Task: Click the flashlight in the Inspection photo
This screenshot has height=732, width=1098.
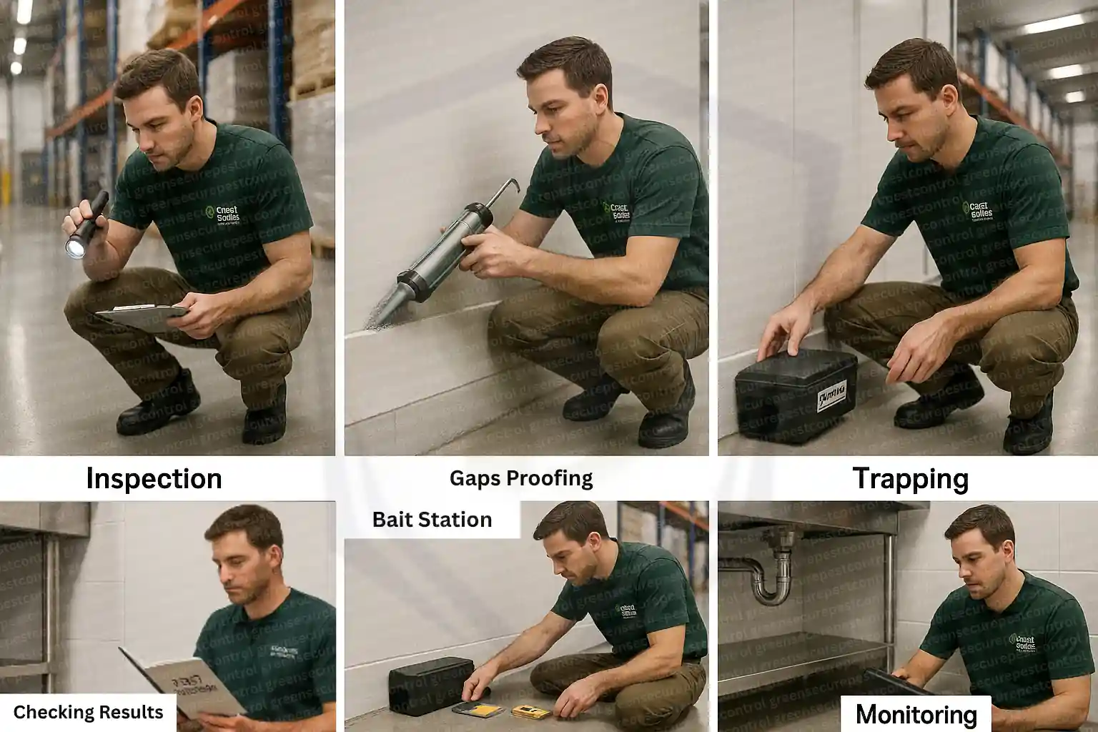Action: [x=86, y=225]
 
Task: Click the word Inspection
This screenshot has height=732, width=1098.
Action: [x=154, y=478]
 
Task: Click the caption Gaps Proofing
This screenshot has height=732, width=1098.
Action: [x=521, y=478]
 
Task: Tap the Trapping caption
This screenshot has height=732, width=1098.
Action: [x=911, y=478]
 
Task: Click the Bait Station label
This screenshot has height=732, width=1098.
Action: [x=432, y=520]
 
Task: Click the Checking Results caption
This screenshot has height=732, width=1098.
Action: [x=88, y=713]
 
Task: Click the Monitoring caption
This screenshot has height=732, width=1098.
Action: [x=916, y=714]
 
